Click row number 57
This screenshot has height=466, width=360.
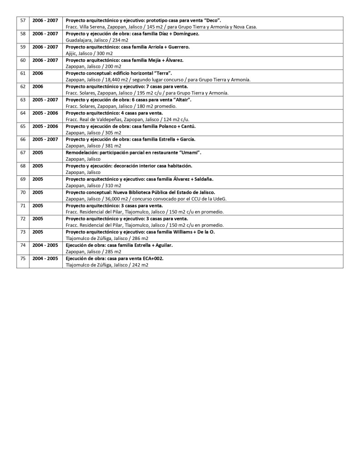click(23, 20)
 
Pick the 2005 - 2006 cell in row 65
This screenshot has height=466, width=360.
click(45, 126)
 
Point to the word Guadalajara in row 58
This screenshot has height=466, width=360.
click(80, 40)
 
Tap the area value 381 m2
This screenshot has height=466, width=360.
click(112, 146)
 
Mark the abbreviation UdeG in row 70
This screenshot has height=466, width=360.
click(219, 199)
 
